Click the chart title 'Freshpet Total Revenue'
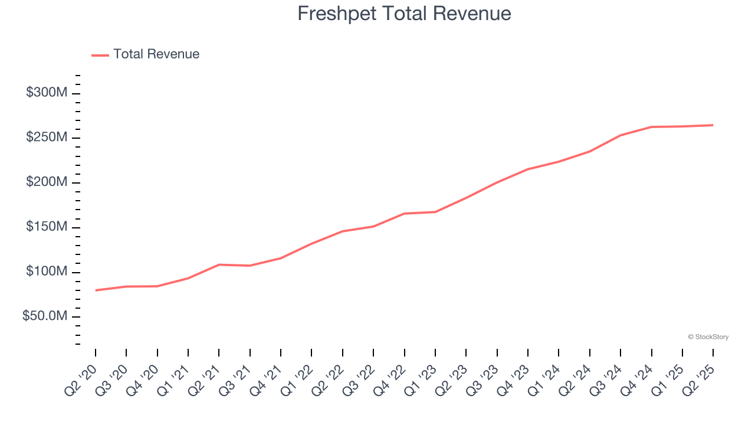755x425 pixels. (x=404, y=14)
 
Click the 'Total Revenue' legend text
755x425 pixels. (x=156, y=54)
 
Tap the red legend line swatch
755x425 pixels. (x=100, y=55)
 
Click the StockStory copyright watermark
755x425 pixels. (x=708, y=337)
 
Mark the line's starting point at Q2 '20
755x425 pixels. (x=96, y=290)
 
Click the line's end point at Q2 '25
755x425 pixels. (x=713, y=125)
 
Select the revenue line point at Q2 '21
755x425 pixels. (x=219, y=264)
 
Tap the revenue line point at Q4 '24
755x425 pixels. (x=651, y=127)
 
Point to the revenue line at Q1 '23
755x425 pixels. (x=435, y=212)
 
